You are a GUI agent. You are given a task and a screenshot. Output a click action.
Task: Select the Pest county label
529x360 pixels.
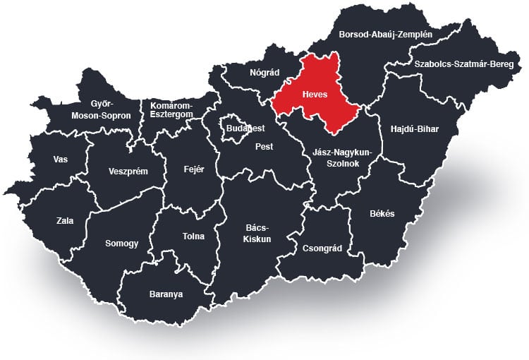[x=264, y=147]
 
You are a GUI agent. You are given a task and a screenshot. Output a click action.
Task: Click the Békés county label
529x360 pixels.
[x=382, y=213]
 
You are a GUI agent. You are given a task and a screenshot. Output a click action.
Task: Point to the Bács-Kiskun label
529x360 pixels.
[x=258, y=234]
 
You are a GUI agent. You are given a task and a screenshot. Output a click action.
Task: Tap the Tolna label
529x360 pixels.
[x=193, y=236]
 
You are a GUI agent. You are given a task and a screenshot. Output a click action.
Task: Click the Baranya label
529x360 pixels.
[x=166, y=294]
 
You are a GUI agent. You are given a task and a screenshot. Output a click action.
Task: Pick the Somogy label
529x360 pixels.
[x=121, y=243]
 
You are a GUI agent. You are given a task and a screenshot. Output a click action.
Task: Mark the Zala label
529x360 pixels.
[x=65, y=220]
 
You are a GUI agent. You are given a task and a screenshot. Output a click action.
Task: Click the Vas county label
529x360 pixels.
[x=61, y=159]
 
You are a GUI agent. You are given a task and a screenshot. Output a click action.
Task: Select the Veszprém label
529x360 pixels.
[x=128, y=171]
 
